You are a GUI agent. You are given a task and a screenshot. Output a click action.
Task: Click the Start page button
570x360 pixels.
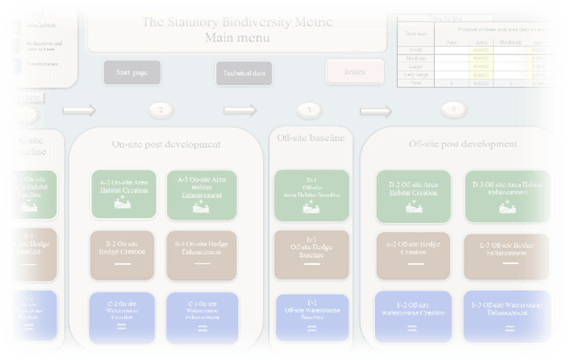point(132,73)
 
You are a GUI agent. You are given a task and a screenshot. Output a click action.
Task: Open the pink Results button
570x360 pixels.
point(355,72)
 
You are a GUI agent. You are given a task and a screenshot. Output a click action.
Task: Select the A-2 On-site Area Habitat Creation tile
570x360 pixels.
point(124,194)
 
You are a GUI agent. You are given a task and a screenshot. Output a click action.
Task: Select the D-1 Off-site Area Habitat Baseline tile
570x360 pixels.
point(311,195)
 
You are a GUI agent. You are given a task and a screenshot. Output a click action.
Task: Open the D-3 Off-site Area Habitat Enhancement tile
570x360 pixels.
point(508,196)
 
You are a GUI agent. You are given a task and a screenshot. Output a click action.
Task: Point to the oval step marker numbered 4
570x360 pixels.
point(455,110)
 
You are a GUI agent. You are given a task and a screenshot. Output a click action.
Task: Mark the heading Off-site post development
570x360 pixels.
point(462,144)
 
